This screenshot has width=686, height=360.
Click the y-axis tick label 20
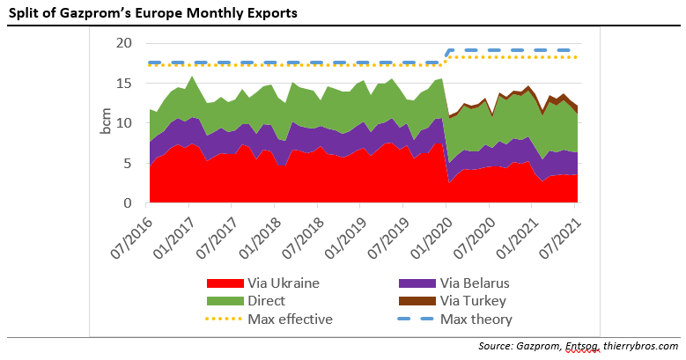click(125, 43)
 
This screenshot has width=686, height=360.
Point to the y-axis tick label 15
click(125, 84)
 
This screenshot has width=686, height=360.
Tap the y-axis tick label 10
click(125, 123)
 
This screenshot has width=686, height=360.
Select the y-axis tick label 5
click(129, 164)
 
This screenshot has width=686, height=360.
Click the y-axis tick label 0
click(129, 203)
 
